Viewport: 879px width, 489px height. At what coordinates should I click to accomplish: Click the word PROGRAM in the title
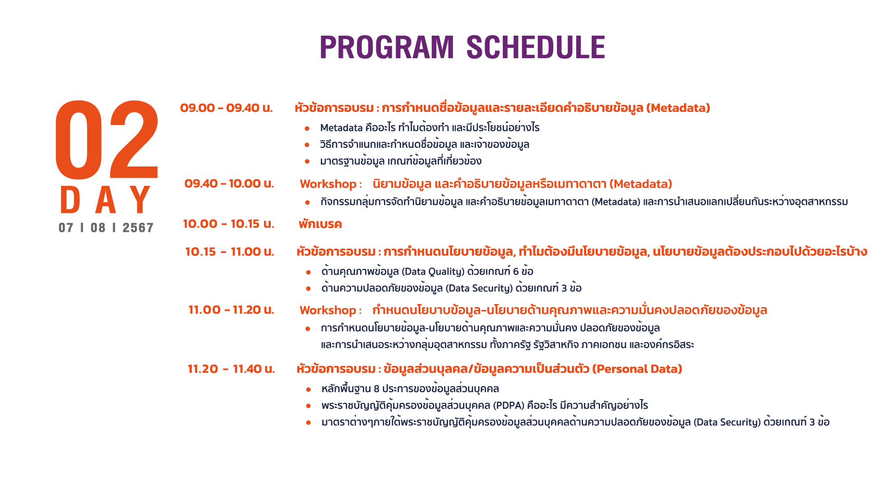click(x=387, y=47)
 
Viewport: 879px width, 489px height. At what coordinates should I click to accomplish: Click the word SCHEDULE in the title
click(x=536, y=47)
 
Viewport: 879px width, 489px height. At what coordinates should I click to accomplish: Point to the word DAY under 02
click(x=106, y=200)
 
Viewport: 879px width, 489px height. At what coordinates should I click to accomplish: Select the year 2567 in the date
click(x=138, y=228)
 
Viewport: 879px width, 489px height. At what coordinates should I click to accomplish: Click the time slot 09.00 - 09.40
click(x=227, y=108)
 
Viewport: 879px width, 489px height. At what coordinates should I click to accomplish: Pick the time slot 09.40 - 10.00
click(x=229, y=184)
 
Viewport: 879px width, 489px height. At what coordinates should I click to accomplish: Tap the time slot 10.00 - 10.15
click(x=229, y=224)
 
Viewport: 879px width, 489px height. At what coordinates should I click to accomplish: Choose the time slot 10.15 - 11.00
click(x=230, y=252)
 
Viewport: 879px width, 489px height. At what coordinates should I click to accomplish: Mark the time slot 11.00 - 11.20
click(x=231, y=310)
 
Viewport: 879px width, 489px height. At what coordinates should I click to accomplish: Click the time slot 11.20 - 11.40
click(x=231, y=369)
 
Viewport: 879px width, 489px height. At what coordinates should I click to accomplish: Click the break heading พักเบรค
click(x=320, y=224)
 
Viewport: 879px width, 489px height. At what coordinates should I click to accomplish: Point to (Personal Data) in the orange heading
click(x=637, y=369)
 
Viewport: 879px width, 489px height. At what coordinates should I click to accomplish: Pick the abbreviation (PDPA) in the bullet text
click(x=509, y=405)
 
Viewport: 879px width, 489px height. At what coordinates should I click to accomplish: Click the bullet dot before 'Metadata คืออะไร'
click(x=307, y=129)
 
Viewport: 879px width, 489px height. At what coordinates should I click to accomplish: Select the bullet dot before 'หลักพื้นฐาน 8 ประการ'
click(x=308, y=389)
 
